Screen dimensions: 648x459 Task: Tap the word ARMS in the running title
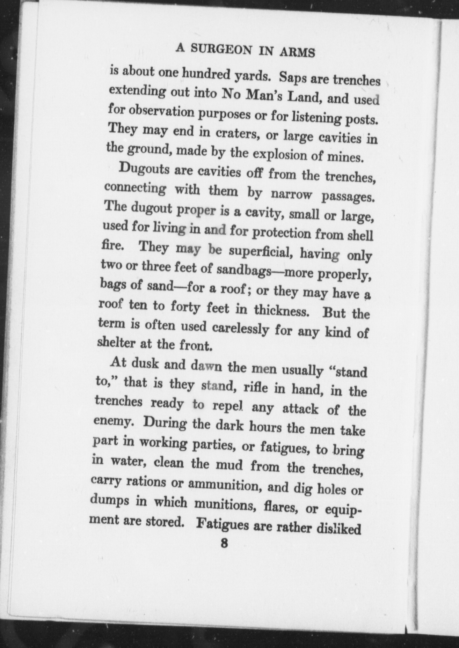pos(297,53)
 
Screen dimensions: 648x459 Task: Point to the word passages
pos(347,198)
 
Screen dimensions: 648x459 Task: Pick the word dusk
pos(145,364)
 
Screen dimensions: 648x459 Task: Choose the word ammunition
pos(225,485)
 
